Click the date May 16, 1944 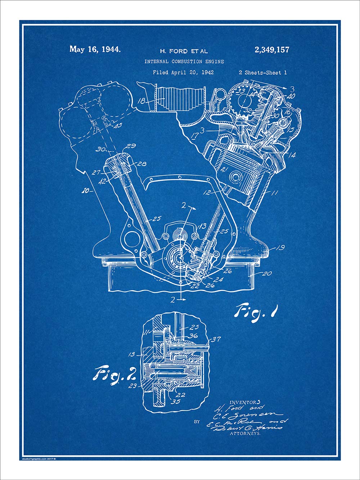click(95, 49)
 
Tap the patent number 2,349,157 click(272, 50)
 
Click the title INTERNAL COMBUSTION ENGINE click(184, 62)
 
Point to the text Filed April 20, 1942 click(183, 72)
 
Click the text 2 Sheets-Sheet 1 click(263, 72)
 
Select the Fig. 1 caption click(257, 310)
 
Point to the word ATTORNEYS click(245, 434)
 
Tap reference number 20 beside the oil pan click(266, 273)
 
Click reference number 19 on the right click(280, 247)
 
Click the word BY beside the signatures click(197, 421)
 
